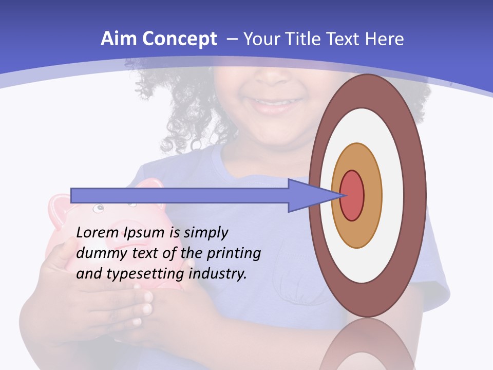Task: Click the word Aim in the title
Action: coord(118,39)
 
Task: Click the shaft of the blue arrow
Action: coord(180,195)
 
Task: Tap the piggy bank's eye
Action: coord(98,209)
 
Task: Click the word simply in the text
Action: coord(205,233)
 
